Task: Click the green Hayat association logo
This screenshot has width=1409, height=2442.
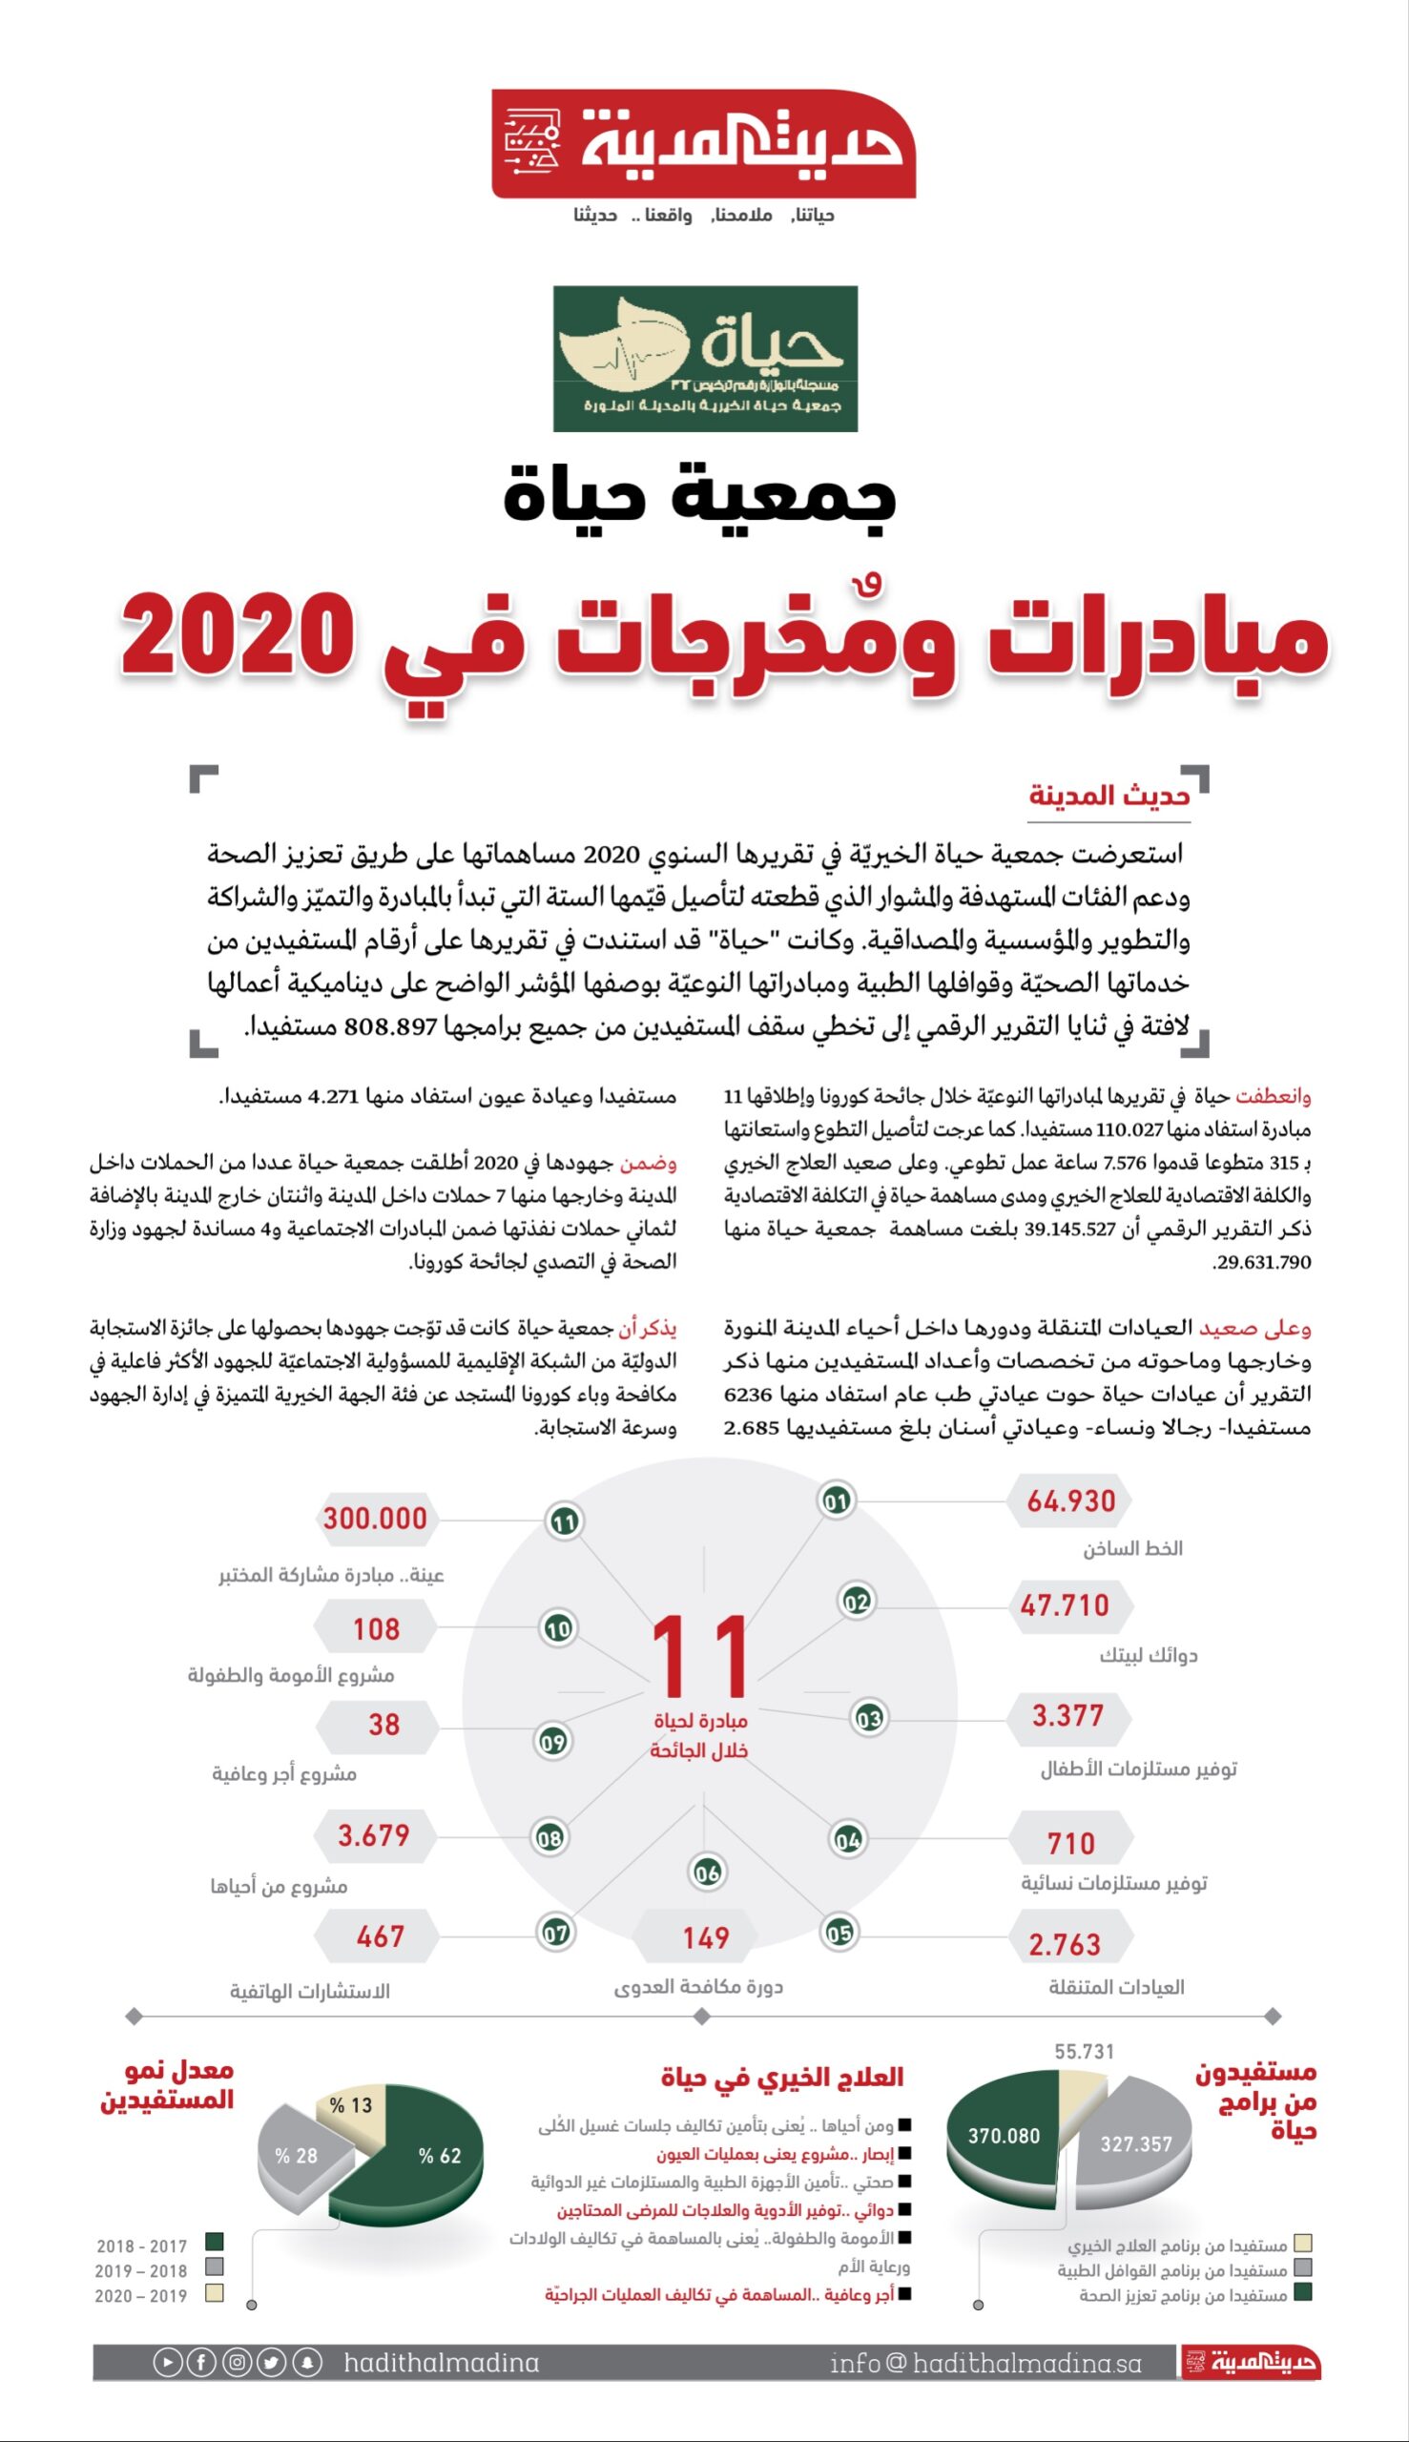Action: [704, 358]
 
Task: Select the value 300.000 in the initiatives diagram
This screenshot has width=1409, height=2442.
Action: [376, 1518]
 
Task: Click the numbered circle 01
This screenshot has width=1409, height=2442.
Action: [836, 1500]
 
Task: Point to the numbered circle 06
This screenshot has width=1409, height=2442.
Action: [708, 1873]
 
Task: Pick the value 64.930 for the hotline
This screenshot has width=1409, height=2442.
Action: [1070, 1500]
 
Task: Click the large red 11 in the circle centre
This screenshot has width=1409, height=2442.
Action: [699, 1656]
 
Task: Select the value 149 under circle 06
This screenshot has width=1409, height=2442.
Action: [706, 1937]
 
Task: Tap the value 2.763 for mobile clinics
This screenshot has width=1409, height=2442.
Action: [1065, 1944]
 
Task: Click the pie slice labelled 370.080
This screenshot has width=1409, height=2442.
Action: [1004, 2135]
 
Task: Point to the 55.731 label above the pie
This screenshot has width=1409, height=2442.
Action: [1084, 2051]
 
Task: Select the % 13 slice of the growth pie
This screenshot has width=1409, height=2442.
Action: [350, 2105]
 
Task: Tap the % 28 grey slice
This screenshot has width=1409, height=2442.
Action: [296, 2156]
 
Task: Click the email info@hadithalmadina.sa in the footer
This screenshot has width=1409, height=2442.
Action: [985, 2363]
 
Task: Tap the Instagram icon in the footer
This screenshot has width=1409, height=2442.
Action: [238, 2363]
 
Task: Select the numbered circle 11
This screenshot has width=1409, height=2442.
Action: [564, 1521]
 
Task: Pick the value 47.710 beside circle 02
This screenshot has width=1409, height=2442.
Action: [1065, 1605]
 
